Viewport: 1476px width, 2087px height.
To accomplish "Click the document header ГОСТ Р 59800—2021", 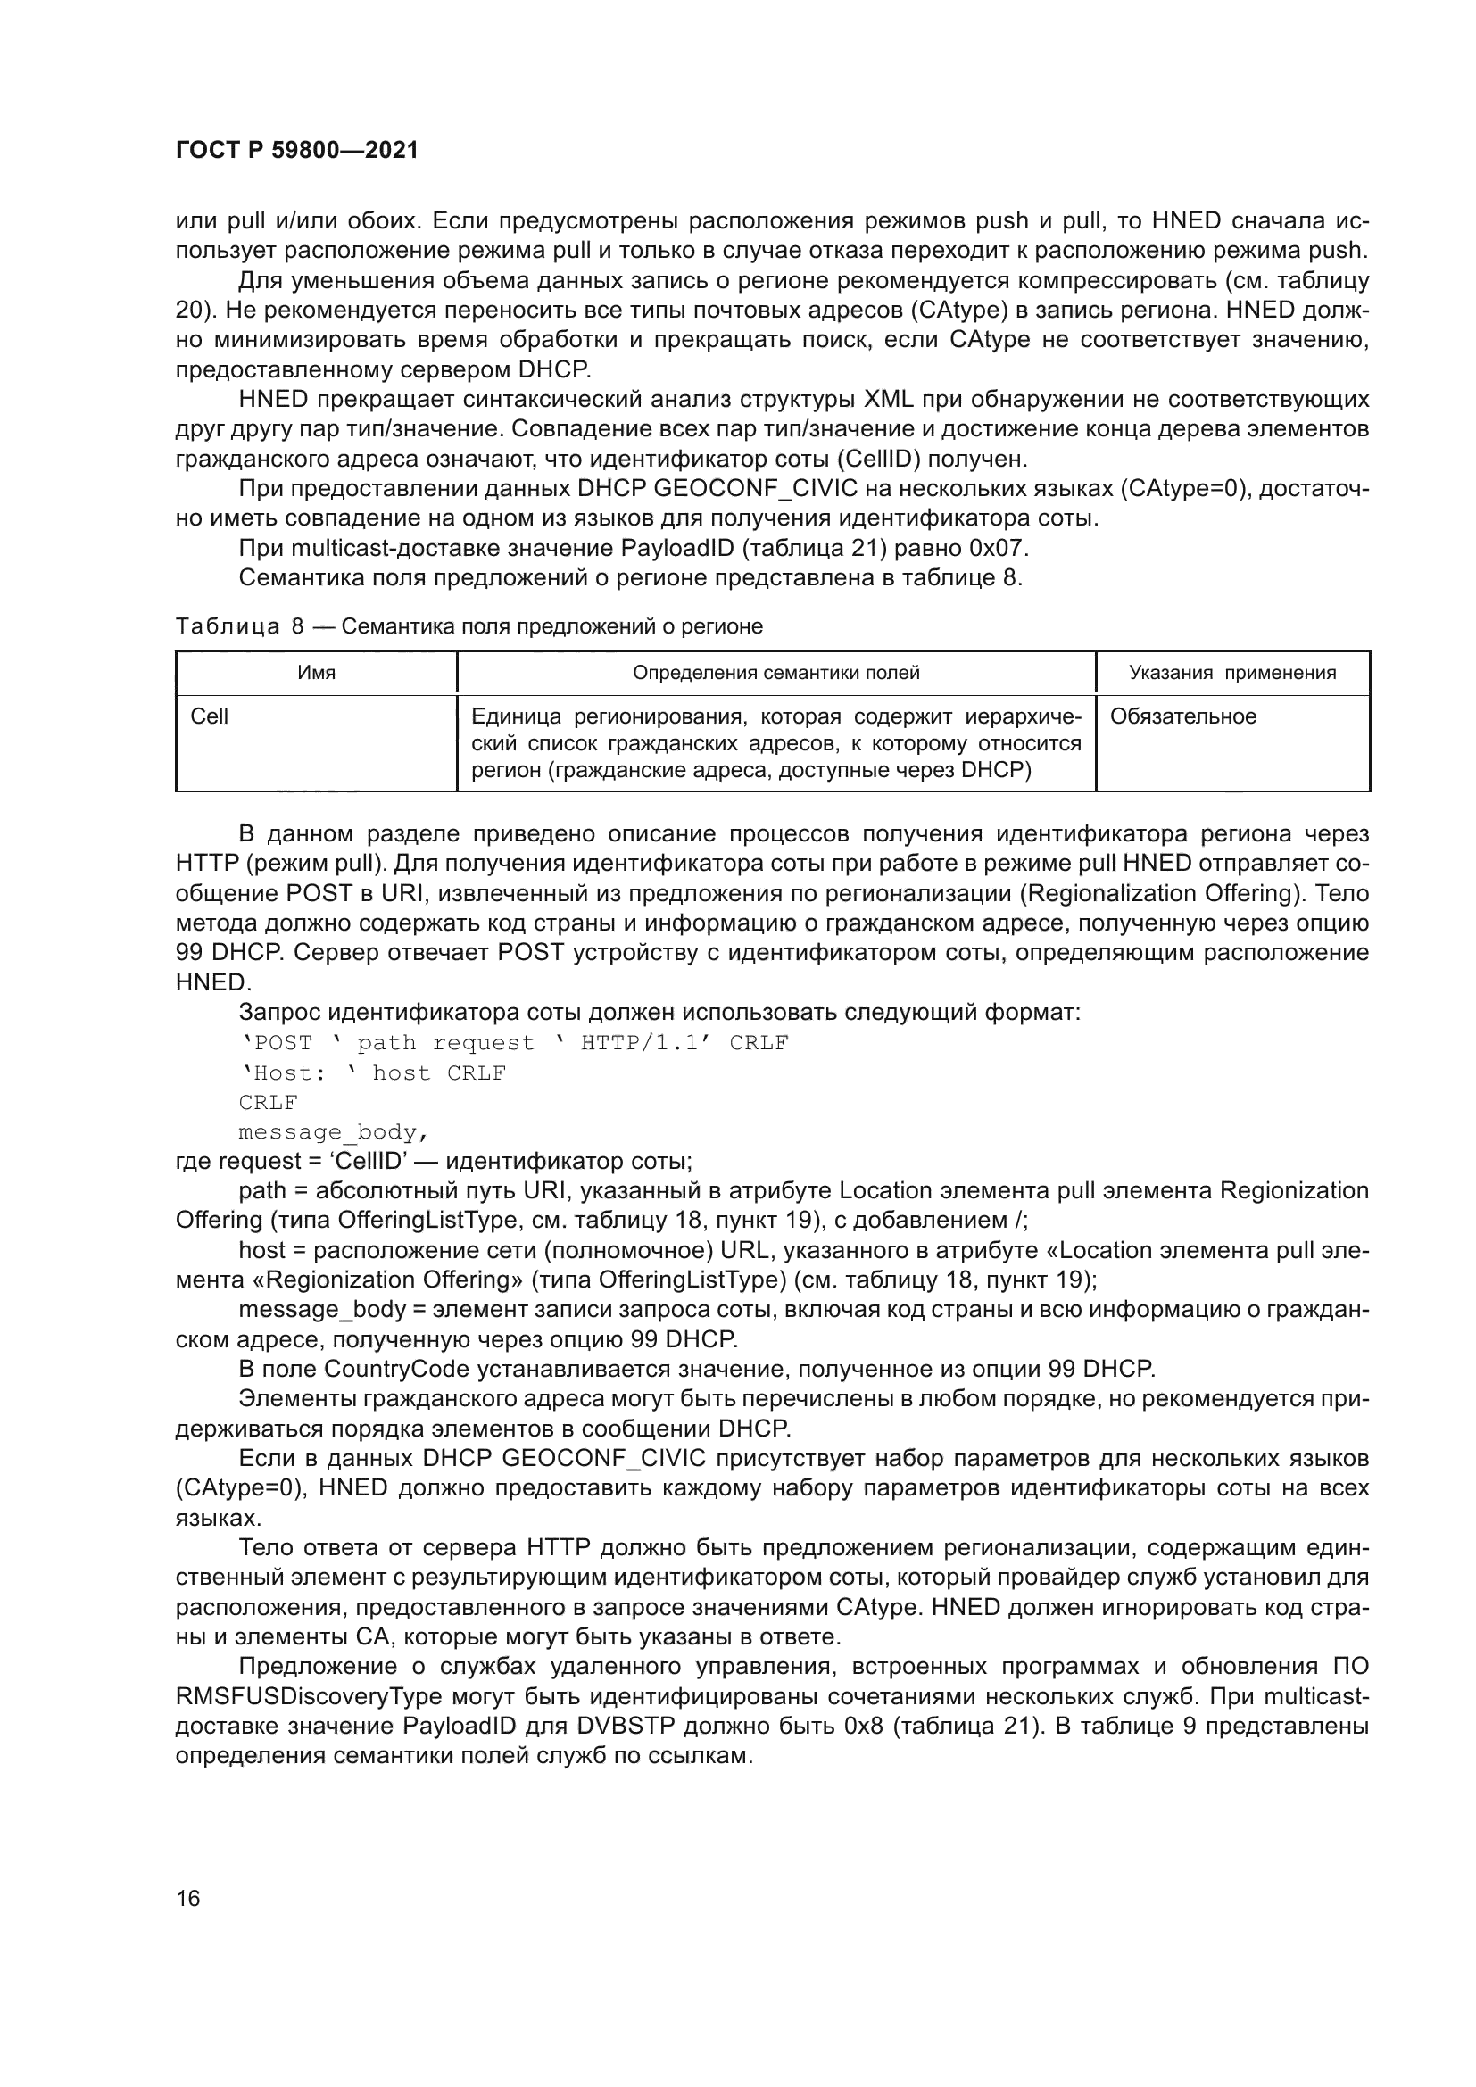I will tap(297, 151).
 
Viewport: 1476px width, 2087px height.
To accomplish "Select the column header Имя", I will tap(316, 673).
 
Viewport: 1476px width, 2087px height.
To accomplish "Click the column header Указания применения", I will tap(1231, 673).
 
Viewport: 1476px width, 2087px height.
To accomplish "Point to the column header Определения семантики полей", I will tap(775, 673).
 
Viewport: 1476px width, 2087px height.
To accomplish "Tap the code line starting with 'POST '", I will tap(513, 1042).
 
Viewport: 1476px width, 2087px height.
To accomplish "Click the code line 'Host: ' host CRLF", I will tap(373, 1072).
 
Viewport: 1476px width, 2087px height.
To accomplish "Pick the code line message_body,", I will tap(333, 1132).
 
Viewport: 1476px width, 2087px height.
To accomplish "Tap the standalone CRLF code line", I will tap(268, 1103).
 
